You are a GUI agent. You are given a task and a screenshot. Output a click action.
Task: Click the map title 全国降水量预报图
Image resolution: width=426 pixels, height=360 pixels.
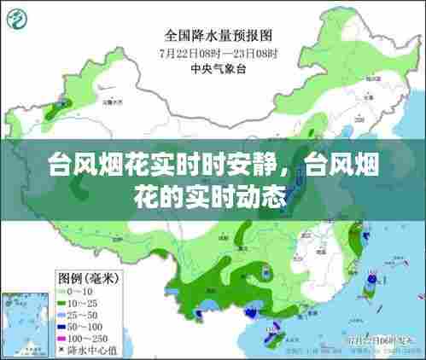(x=218, y=36)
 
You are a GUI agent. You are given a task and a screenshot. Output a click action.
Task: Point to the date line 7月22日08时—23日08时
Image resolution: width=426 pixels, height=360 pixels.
(x=218, y=51)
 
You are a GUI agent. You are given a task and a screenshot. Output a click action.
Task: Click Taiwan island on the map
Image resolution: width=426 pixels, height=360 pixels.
(x=370, y=290)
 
